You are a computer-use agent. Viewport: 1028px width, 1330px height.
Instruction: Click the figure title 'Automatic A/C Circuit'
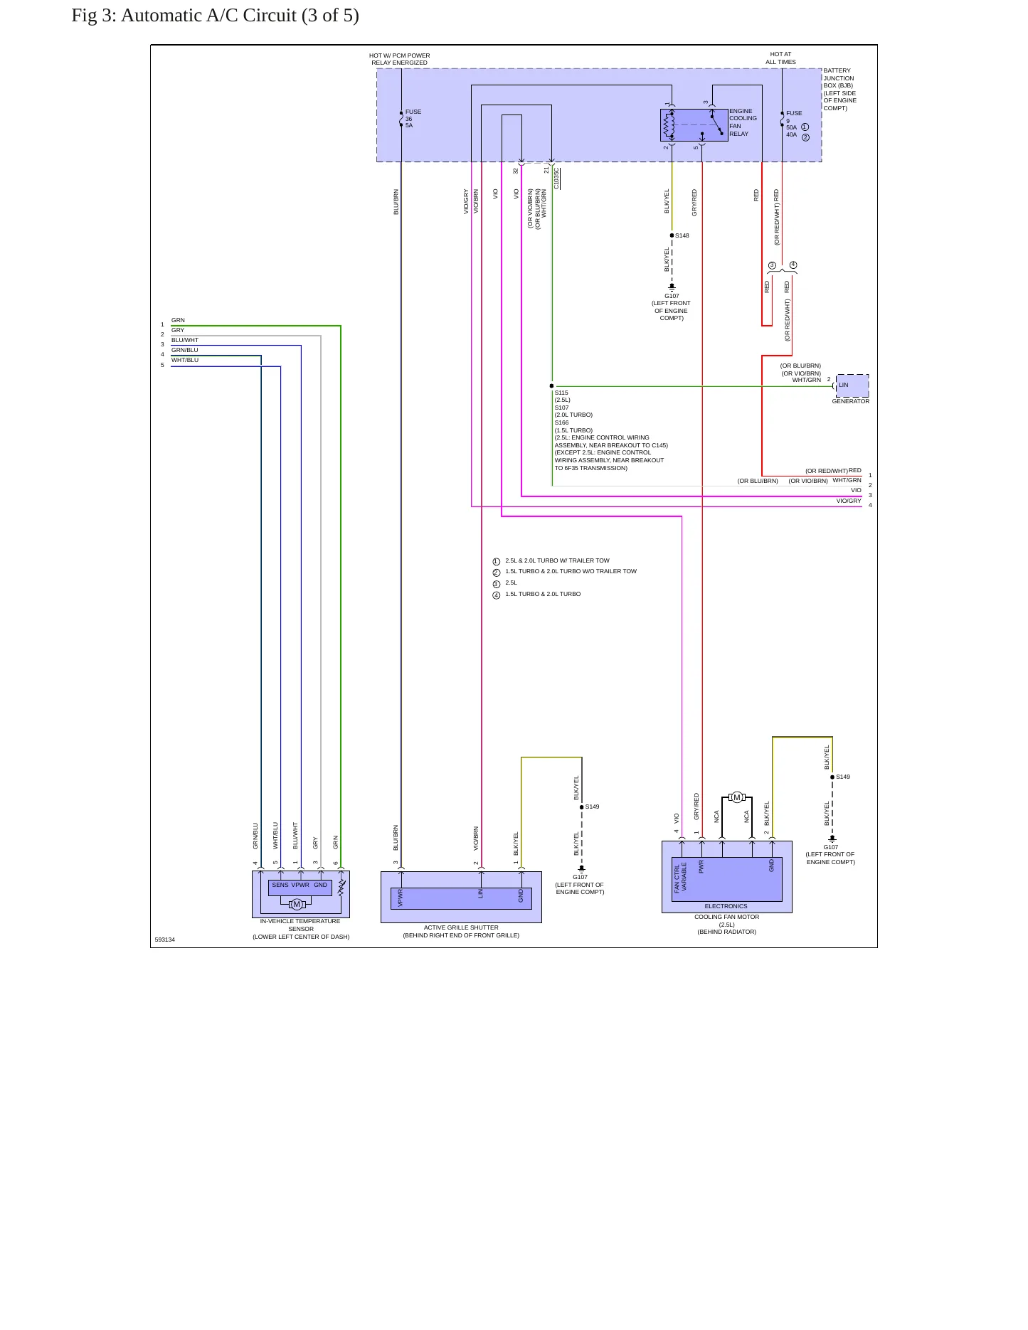click(x=208, y=16)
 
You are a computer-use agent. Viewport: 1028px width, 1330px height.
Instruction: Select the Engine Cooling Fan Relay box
click(x=694, y=125)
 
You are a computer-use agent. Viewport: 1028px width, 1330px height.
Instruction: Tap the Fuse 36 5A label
click(x=413, y=119)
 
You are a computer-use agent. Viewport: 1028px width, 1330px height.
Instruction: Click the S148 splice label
click(x=682, y=235)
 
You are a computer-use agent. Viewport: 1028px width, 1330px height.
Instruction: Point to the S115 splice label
click(x=561, y=393)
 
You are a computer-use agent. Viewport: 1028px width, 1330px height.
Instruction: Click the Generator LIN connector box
click(x=852, y=385)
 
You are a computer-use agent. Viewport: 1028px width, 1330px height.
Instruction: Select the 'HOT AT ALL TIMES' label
click(x=780, y=58)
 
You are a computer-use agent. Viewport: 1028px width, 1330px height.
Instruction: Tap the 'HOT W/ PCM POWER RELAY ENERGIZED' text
click(x=399, y=59)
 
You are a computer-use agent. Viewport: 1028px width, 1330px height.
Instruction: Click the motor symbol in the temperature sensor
click(x=297, y=904)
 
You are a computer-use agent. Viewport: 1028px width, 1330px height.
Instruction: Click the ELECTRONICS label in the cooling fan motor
click(x=726, y=906)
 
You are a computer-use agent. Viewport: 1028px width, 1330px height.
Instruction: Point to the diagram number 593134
click(x=164, y=940)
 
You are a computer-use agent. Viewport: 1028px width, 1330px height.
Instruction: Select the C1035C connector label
click(x=557, y=179)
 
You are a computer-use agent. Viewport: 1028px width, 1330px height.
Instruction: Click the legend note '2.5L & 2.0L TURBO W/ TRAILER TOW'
click(x=557, y=560)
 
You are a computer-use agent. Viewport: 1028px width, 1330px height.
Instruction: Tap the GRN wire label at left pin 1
click(x=178, y=320)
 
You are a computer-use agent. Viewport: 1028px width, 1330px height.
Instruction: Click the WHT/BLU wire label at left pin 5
click(x=185, y=360)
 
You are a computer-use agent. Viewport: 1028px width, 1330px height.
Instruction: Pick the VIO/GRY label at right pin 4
click(x=849, y=501)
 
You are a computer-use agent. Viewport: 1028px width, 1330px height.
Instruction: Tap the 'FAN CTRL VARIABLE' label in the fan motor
click(x=681, y=878)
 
